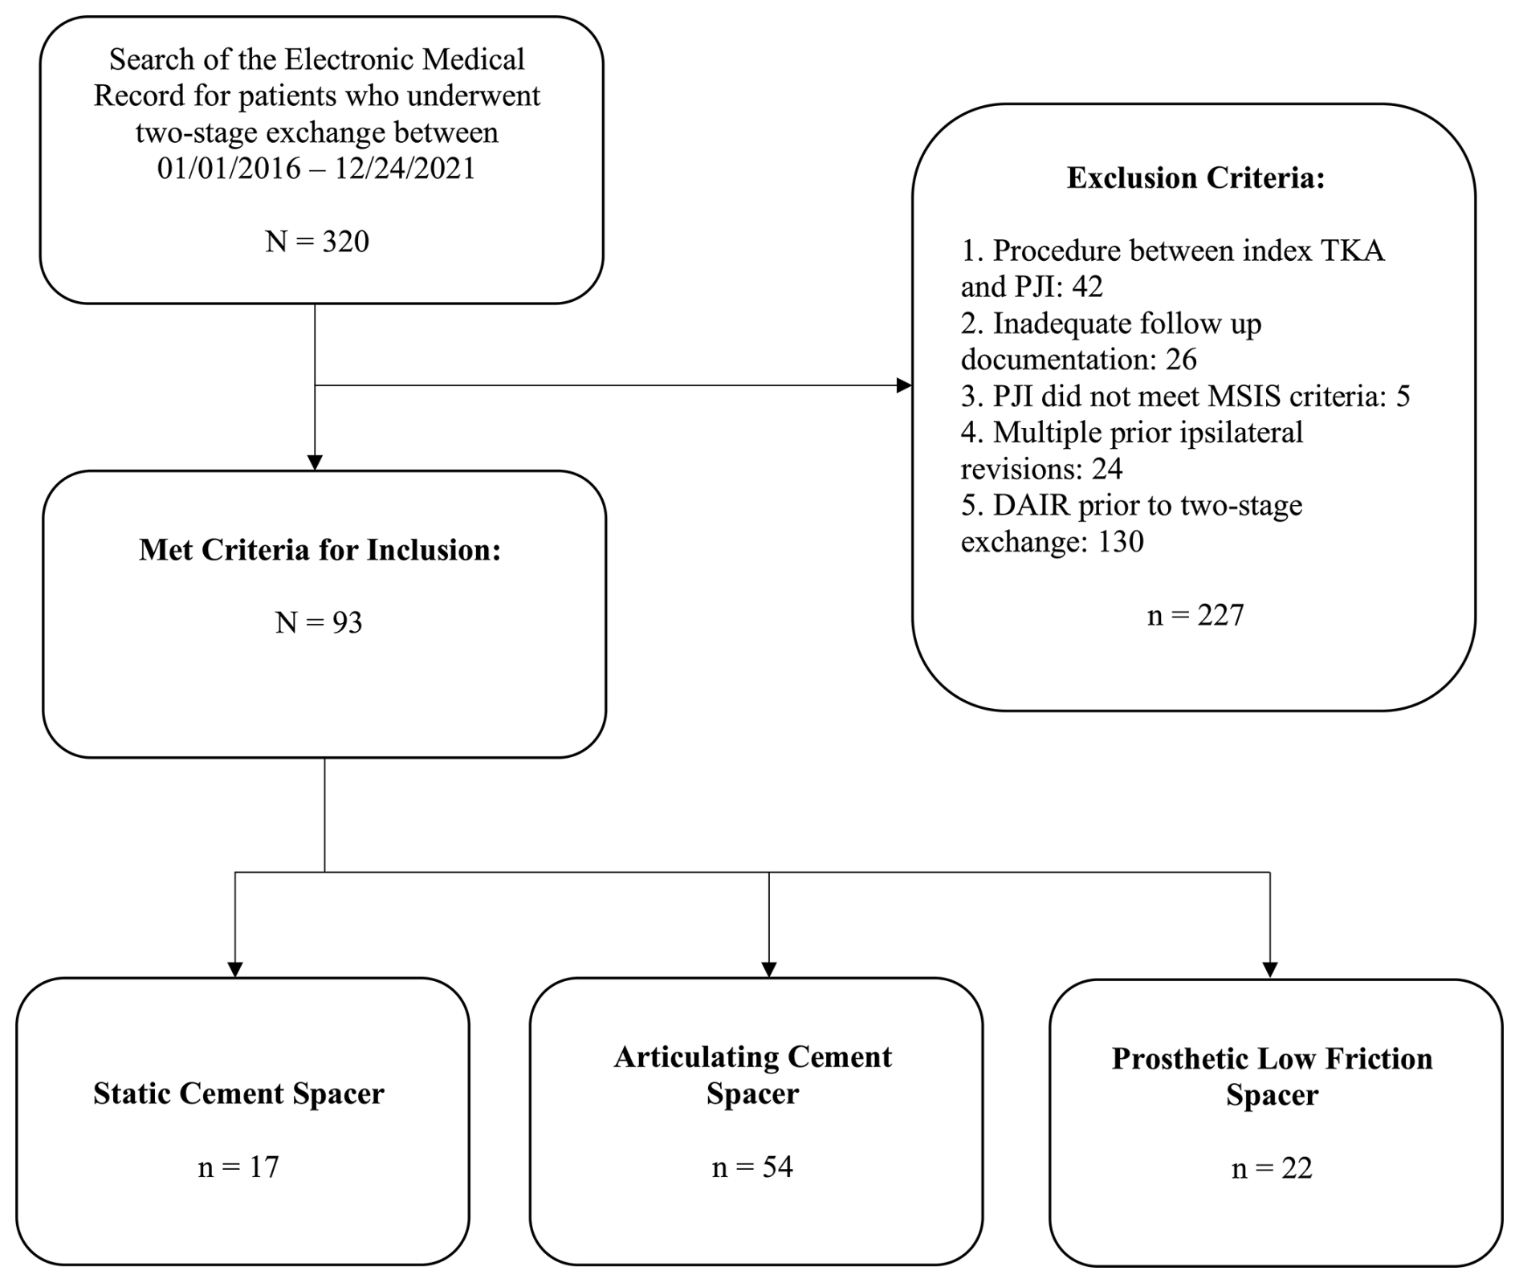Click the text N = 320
[x=317, y=241]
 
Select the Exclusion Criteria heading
[x=1195, y=177]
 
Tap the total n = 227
[x=1195, y=615]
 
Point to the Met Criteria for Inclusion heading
[x=320, y=549]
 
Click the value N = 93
[x=319, y=622]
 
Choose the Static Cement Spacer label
[x=238, y=1094]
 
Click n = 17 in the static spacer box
[x=238, y=1167]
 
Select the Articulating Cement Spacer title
[x=753, y=1075]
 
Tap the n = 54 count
[x=752, y=1167]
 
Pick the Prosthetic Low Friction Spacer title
[x=1272, y=1077]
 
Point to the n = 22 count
[x=1272, y=1168]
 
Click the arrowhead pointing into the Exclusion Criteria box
[x=904, y=385]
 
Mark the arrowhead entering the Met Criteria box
[x=315, y=462]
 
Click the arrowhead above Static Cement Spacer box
[x=235, y=969]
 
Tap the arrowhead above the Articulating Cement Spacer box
[x=769, y=969]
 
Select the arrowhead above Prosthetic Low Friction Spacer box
[x=1270, y=970]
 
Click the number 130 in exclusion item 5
[x=1121, y=542]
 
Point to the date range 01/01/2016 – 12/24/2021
[x=316, y=169]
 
